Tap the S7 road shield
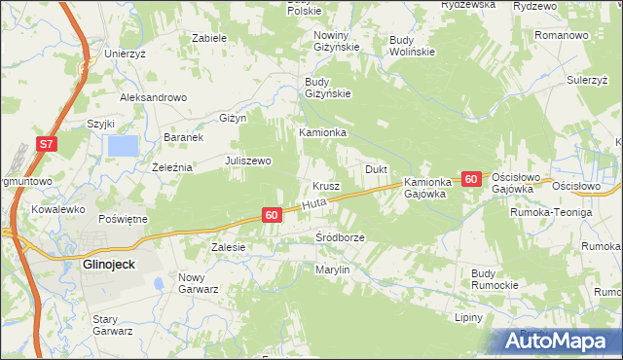click(x=48, y=144)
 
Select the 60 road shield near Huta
click(x=272, y=214)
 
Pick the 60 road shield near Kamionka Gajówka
click(x=471, y=179)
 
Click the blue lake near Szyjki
click(x=123, y=146)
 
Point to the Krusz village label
click(x=325, y=185)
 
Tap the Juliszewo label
click(x=247, y=161)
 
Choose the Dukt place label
click(x=376, y=169)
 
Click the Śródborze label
click(x=340, y=237)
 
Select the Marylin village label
click(x=332, y=269)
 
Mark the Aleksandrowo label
click(x=153, y=97)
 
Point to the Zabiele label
click(x=209, y=38)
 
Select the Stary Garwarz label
click(x=112, y=324)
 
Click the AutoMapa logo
click(x=559, y=342)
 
